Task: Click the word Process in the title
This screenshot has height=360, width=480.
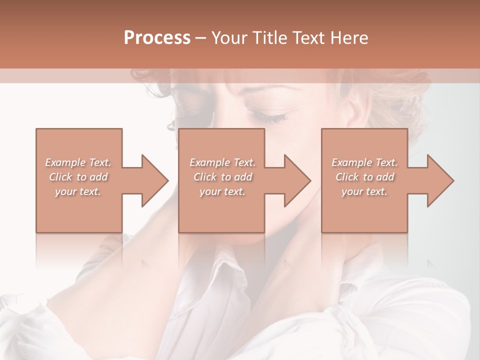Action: pyautogui.click(x=157, y=38)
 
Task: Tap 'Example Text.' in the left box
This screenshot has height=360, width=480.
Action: pyautogui.click(x=78, y=162)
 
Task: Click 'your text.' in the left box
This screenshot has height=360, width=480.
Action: pyautogui.click(x=78, y=191)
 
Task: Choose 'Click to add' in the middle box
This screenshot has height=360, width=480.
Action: pyautogui.click(x=222, y=177)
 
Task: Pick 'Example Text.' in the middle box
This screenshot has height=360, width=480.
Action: pyautogui.click(x=222, y=162)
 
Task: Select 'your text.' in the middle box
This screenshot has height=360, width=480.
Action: pyautogui.click(x=222, y=191)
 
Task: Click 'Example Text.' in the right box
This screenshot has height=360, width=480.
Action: pyautogui.click(x=364, y=162)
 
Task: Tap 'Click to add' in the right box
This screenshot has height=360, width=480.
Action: pyautogui.click(x=364, y=177)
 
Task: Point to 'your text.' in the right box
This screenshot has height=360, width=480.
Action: pyautogui.click(x=364, y=191)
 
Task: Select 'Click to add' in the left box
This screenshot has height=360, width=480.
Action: pyautogui.click(x=78, y=177)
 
